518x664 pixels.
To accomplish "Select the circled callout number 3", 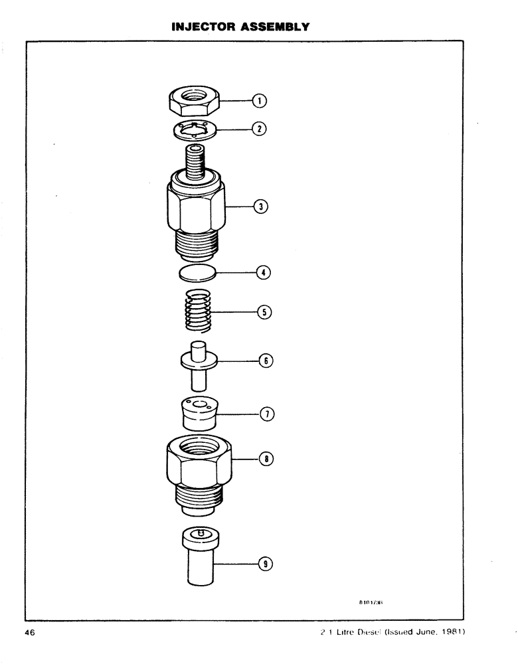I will click(x=262, y=207).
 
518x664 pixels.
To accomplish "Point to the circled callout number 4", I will click(x=263, y=272).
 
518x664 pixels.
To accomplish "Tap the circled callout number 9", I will click(x=266, y=563).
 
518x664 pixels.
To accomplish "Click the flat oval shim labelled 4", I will click(x=197, y=272).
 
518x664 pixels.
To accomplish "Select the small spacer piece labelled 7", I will click(x=200, y=414).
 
